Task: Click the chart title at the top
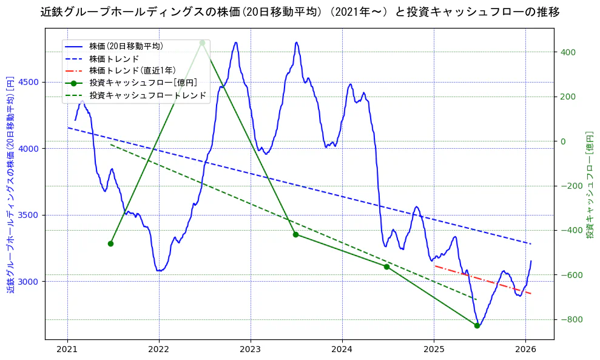(300, 12)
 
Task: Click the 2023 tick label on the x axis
(251, 349)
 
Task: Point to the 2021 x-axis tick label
(67, 349)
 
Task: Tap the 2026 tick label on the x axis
(525, 349)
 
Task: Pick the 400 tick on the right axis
(567, 52)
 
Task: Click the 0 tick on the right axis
(562, 141)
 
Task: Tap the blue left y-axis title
(10, 185)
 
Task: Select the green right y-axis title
(589, 185)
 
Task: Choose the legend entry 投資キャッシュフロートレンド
(147, 95)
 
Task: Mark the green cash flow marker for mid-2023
(295, 234)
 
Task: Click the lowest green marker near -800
(477, 326)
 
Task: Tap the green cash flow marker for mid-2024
(386, 267)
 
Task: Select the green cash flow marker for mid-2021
(110, 243)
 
